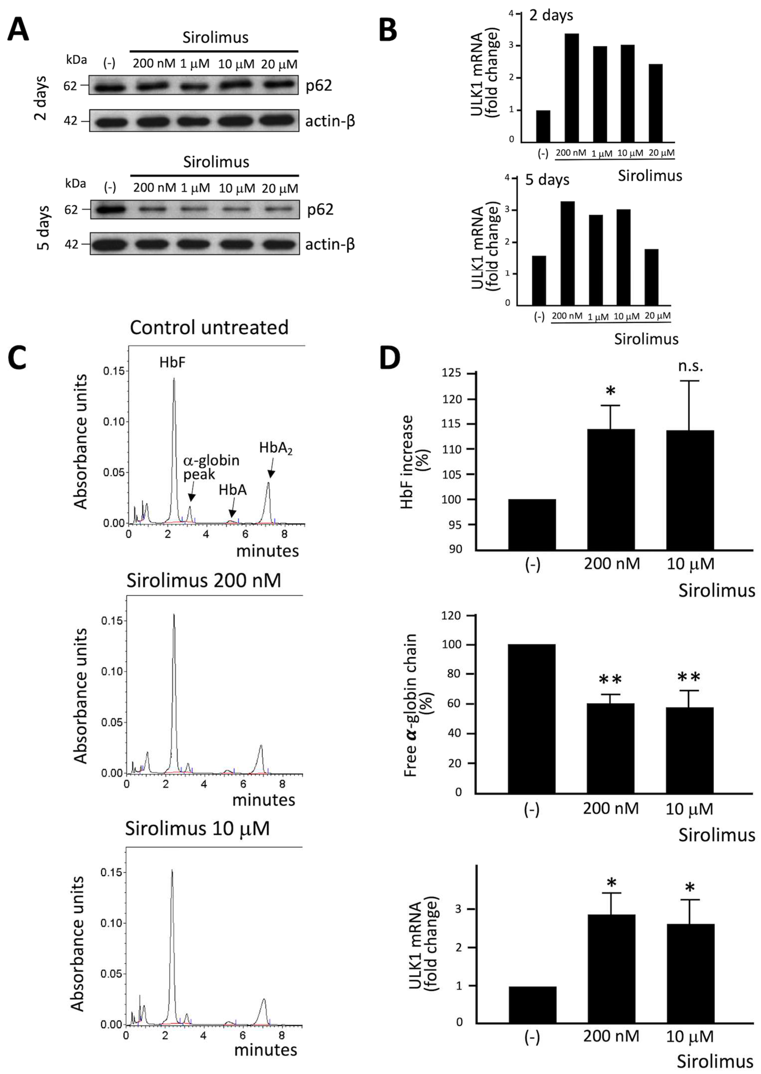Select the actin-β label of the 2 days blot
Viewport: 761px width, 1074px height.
(x=330, y=121)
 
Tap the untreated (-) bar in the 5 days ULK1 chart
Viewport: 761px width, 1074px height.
(x=539, y=280)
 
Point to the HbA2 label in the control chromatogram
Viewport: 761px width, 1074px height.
(x=276, y=449)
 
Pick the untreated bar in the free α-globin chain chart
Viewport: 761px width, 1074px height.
(x=531, y=719)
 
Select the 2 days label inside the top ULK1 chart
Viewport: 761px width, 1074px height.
(x=551, y=15)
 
